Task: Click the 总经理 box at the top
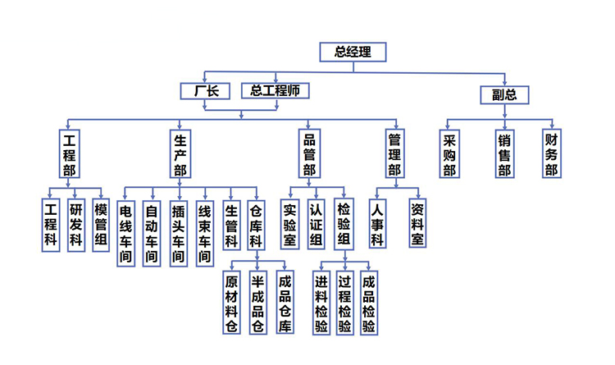tap(353, 52)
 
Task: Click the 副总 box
tap(504, 94)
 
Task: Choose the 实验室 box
tap(289, 224)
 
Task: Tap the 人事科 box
tap(377, 224)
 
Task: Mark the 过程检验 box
tap(345, 302)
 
